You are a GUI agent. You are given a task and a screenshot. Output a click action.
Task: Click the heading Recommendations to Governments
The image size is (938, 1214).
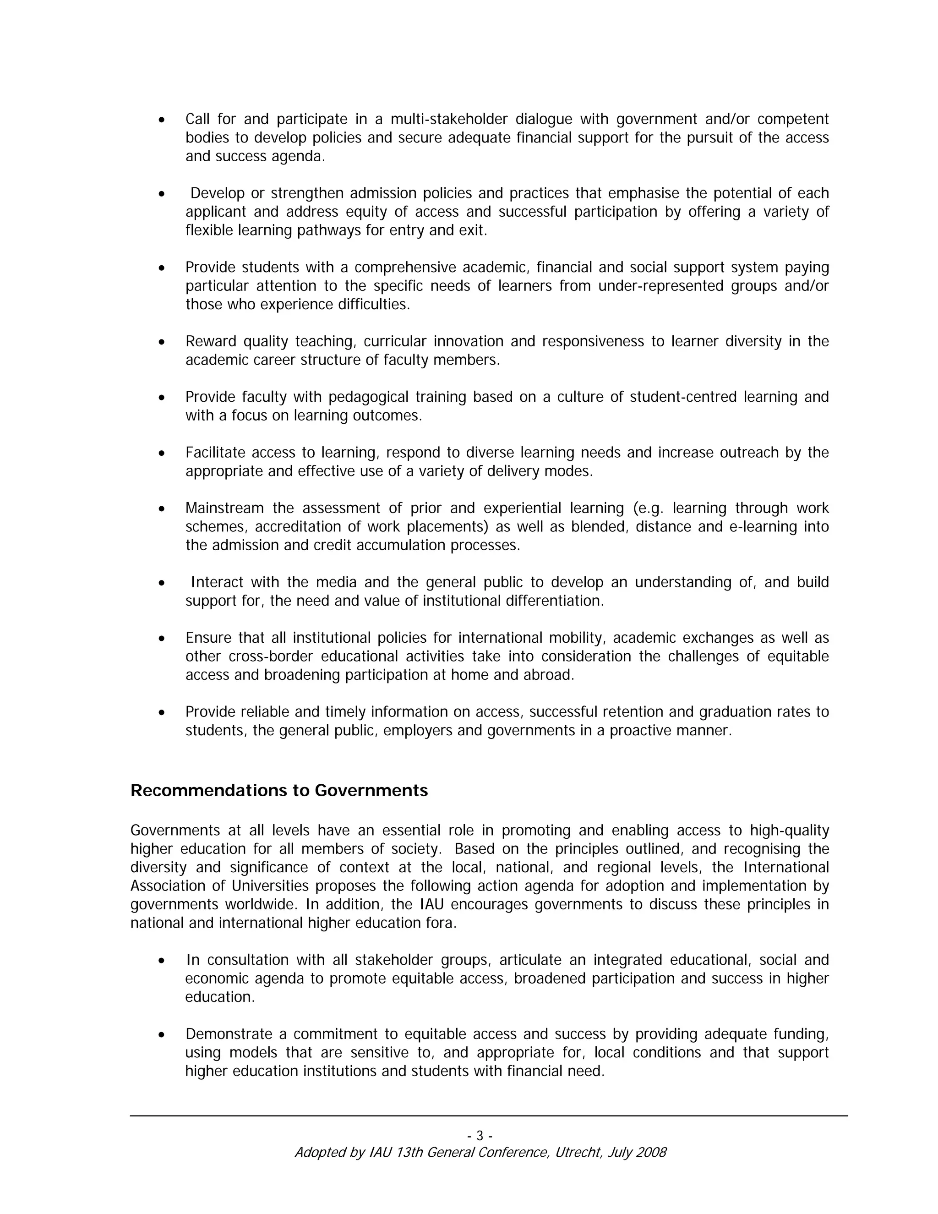[x=279, y=790]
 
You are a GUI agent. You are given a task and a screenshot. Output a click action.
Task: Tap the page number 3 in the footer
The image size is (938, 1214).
[x=480, y=1136]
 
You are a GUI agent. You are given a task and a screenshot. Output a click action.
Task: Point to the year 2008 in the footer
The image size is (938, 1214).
[x=651, y=1152]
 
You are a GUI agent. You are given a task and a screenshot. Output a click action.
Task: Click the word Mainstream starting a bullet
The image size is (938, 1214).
[x=224, y=509]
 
